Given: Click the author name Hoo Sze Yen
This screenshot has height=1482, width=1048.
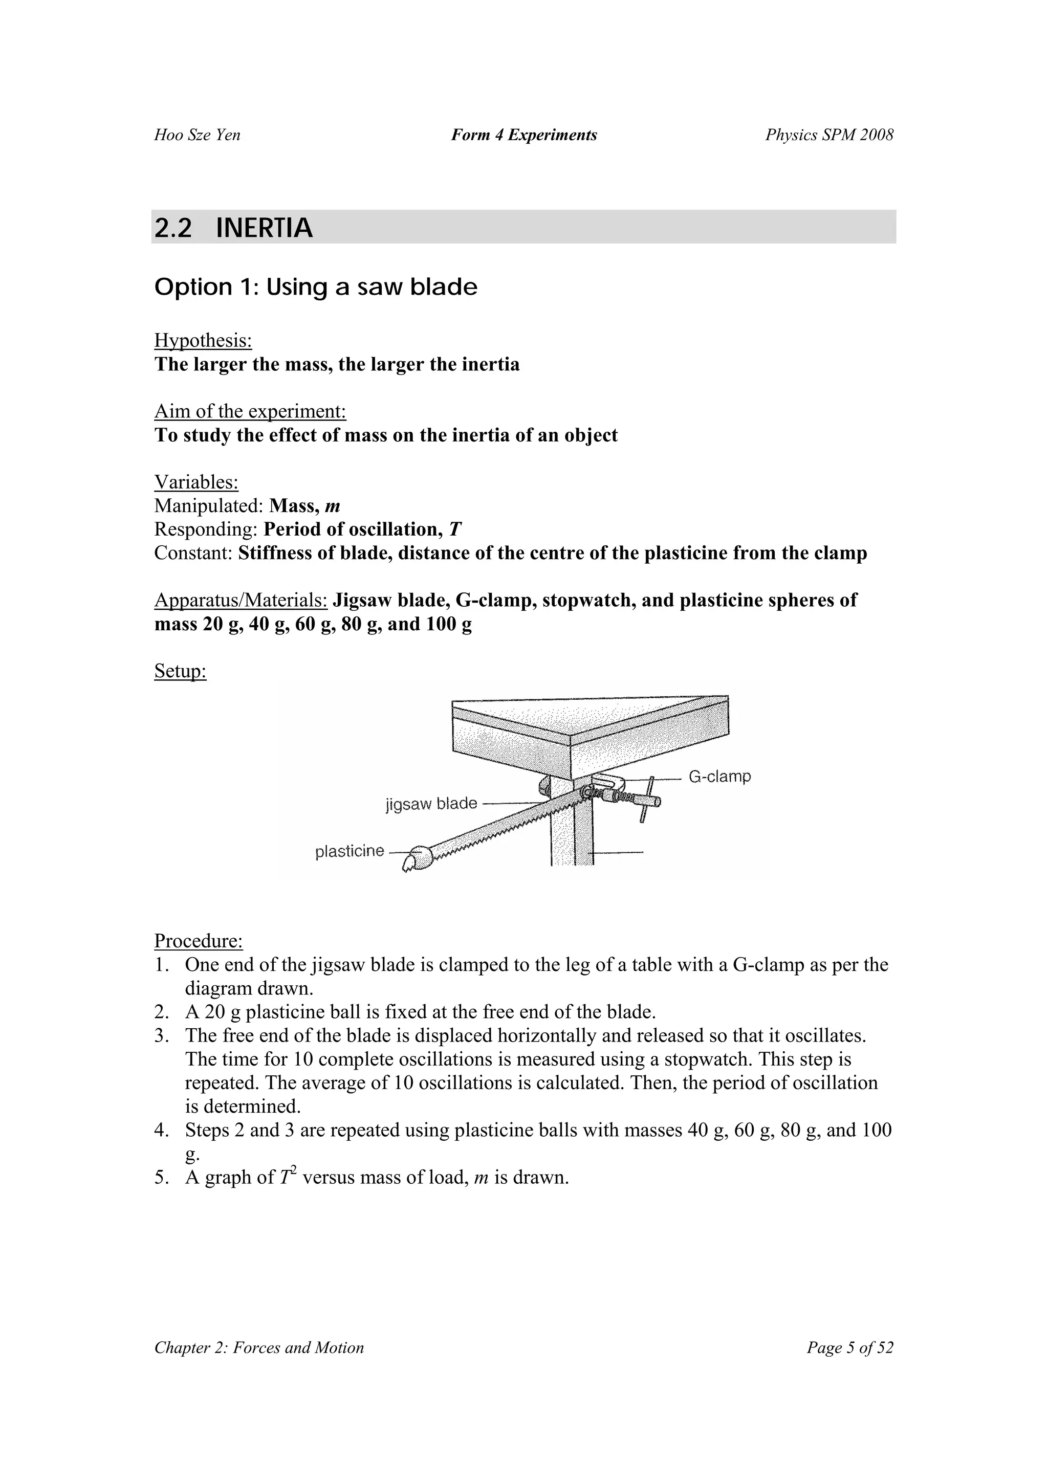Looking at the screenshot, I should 197,135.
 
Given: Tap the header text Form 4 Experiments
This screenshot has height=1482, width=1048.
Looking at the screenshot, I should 523,135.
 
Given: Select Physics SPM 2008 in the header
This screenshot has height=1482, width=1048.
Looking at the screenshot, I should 829,135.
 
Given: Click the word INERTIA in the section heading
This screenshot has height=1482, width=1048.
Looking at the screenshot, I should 264,228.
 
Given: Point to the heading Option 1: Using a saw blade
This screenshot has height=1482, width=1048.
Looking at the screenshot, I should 316,286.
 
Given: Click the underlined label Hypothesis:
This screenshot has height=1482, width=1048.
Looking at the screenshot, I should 203,340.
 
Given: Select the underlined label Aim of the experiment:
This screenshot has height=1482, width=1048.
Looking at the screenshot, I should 250,411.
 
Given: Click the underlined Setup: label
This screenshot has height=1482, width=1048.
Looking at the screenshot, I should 180,671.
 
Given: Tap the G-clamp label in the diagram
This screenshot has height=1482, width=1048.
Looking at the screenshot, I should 719,777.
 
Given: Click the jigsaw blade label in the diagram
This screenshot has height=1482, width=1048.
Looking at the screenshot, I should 431,804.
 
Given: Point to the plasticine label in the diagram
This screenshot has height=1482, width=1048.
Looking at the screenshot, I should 350,851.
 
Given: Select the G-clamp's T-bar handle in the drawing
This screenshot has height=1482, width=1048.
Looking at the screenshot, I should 648,799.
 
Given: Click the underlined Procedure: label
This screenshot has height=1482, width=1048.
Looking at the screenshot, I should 198,941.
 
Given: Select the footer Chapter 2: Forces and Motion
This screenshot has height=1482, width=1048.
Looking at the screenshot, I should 259,1348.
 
